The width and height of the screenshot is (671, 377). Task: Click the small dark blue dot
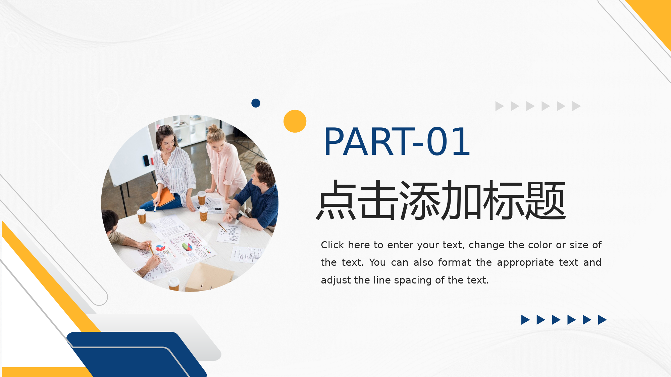(x=256, y=103)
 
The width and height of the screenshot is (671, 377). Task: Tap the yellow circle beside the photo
(x=295, y=121)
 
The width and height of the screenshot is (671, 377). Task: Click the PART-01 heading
(x=397, y=142)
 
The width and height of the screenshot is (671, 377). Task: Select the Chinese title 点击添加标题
(x=441, y=200)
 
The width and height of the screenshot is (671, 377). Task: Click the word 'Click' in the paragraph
(x=332, y=245)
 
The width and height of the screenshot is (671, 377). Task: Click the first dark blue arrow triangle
(x=525, y=320)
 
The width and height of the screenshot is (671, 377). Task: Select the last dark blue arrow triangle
(x=602, y=320)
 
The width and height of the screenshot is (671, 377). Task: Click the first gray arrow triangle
(x=500, y=106)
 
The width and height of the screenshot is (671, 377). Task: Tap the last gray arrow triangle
(x=576, y=106)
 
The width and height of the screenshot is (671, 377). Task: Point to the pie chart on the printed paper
(x=187, y=247)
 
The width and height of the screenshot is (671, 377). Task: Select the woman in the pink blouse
(x=224, y=164)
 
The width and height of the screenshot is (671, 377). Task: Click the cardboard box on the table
(x=209, y=277)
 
